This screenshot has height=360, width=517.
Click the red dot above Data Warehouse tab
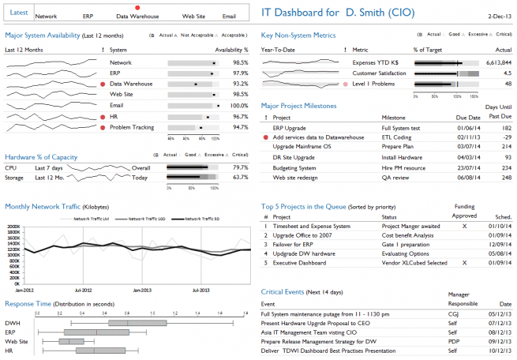(137, 7)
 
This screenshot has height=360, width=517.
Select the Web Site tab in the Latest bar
(194, 16)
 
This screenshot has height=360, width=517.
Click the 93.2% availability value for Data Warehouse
(241, 84)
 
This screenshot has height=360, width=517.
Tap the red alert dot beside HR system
(103, 116)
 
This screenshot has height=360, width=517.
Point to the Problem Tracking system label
(131, 127)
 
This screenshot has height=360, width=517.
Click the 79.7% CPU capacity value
(241, 167)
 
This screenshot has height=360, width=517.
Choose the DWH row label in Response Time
(13, 323)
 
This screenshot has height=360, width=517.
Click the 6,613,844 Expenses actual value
(494, 62)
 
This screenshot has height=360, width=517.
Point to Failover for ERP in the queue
(295, 244)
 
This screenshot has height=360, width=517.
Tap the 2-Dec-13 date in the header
(499, 15)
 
